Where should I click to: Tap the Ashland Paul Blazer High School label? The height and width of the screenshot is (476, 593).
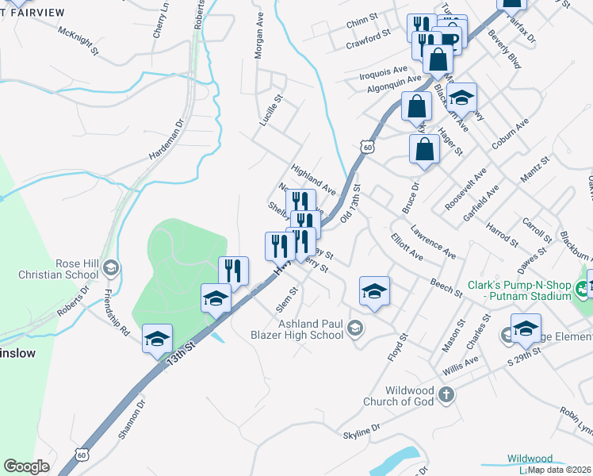click(308, 329)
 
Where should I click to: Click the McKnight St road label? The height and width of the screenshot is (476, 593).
click(78, 39)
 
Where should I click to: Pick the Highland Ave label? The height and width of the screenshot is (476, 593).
click(314, 181)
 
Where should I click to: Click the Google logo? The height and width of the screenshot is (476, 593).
click(26, 466)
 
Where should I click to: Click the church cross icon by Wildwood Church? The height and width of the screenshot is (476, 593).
click(446, 394)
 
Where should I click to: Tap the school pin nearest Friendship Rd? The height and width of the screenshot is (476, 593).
click(157, 340)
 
